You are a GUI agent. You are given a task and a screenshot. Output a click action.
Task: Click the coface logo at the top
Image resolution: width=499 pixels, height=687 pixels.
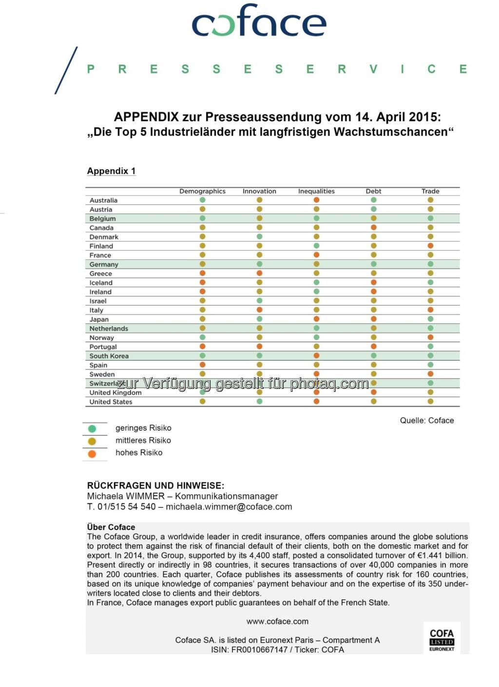[259, 21]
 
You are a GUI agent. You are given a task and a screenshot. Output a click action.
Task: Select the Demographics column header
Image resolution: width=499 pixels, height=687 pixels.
[202, 191]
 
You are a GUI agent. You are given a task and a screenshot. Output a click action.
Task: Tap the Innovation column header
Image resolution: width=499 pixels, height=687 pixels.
[259, 191]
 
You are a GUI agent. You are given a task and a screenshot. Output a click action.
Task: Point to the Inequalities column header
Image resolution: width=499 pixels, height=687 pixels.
[316, 191]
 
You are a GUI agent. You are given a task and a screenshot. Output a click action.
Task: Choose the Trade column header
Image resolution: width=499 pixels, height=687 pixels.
[430, 191]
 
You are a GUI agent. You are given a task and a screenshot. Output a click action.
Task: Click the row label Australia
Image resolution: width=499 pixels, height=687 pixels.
[103, 200]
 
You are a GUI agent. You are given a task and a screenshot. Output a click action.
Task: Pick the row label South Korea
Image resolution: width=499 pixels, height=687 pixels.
[109, 356]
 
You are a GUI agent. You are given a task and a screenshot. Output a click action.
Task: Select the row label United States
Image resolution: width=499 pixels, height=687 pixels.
[111, 402]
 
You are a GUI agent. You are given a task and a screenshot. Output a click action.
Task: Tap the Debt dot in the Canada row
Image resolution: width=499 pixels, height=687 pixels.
[374, 228]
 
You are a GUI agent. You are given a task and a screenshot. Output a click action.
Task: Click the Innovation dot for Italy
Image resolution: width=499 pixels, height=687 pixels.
[259, 310]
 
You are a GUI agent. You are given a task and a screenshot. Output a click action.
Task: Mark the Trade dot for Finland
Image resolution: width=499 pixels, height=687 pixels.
[430, 246]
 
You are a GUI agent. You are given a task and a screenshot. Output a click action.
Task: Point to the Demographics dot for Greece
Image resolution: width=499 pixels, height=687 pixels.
[202, 273]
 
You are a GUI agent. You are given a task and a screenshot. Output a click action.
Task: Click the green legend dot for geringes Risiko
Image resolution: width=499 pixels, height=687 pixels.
[92, 429]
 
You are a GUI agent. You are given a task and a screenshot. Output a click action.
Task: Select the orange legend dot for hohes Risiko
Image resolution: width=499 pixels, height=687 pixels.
[92, 454]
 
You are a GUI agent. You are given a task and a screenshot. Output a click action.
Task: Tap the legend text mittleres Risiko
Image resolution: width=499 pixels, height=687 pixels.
[143, 440]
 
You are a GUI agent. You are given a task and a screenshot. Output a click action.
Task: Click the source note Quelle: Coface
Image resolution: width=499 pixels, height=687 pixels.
[427, 420]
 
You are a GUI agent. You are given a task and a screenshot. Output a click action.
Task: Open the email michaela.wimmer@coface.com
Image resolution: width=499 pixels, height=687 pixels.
[229, 507]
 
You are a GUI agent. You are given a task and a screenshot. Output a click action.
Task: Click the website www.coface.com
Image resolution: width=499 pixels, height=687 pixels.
[277, 622]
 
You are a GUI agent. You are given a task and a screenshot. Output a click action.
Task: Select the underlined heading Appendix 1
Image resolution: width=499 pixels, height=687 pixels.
[111, 171]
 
